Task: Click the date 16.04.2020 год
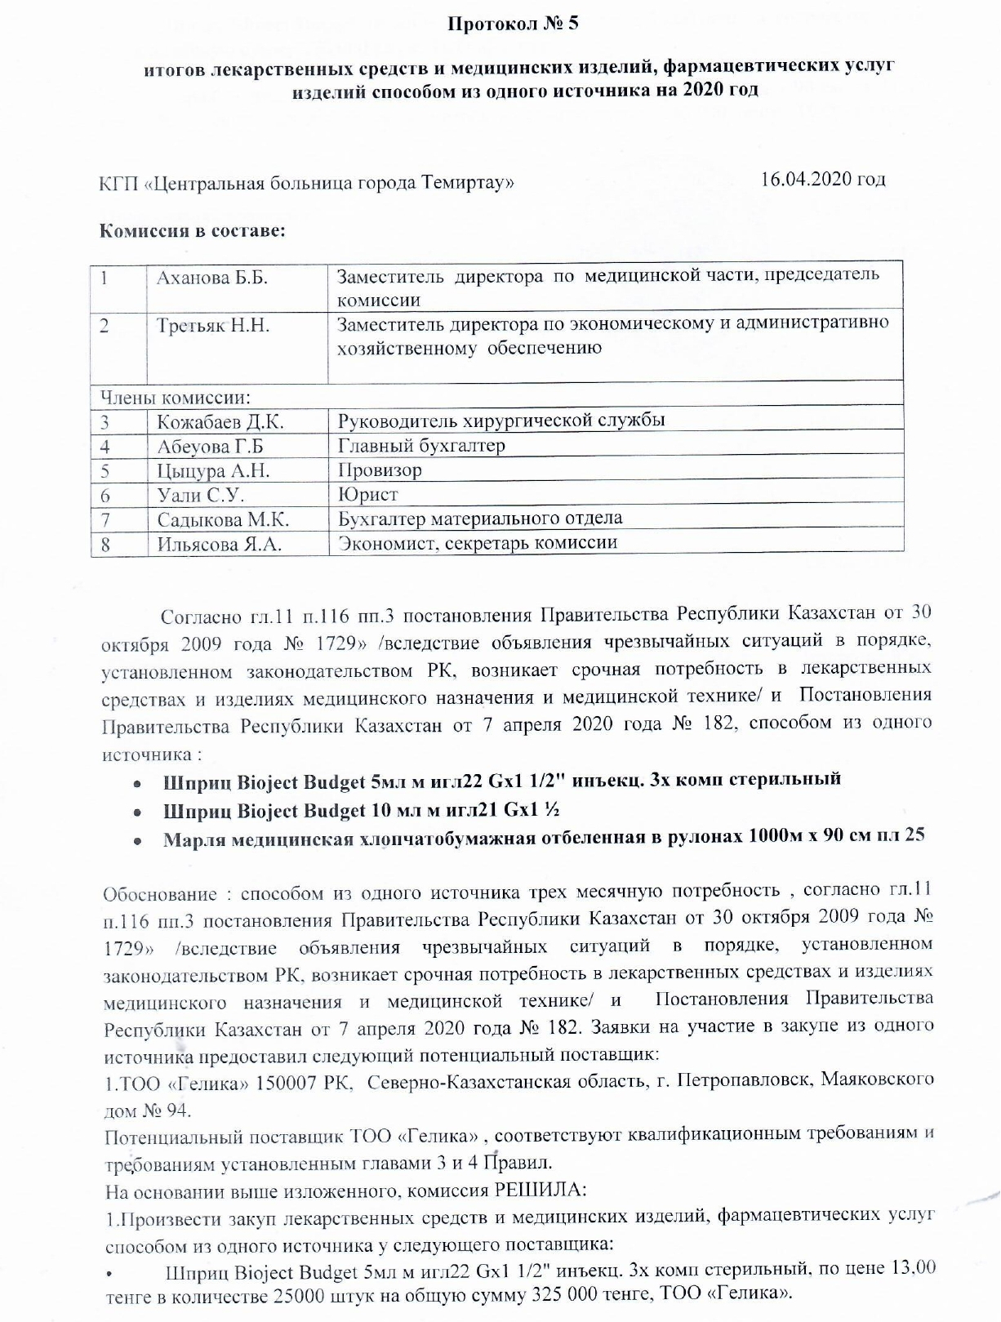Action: pyautogui.click(x=822, y=179)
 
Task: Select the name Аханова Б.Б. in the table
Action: pyautogui.click(x=212, y=278)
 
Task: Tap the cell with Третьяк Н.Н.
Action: pyautogui.click(x=213, y=326)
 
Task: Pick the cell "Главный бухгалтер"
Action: pyautogui.click(x=421, y=446)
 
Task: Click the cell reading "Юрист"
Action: pyautogui.click(x=367, y=495)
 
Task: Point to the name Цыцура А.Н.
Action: pyautogui.click(x=213, y=471)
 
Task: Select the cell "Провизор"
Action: pyautogui.click(x=380, y=470)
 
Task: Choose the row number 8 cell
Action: pyautogui.click(x=105, y=544)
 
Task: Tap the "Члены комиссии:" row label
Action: pyautogui.click(x=175, y=398)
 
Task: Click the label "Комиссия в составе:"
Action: pyautogui.click(x=192, y=230)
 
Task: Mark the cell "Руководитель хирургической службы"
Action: pyautogui.click(x=500, y=421)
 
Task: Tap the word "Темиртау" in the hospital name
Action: pyautogui.click(x=467, y=182)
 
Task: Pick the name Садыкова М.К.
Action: pyautogui.click(x=223, y=519)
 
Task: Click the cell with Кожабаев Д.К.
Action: pyautogui.click(x=220, y=422)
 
